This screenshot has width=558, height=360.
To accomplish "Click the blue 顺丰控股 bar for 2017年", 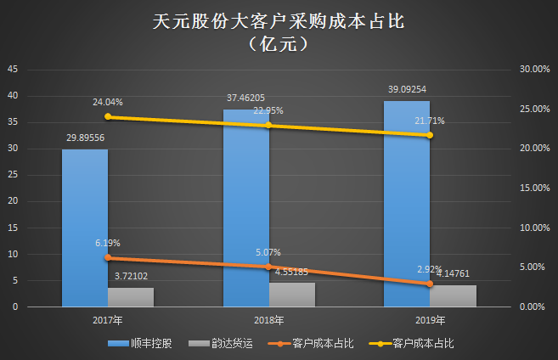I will point(85,228).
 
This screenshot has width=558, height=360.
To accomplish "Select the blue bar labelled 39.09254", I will point(406,204).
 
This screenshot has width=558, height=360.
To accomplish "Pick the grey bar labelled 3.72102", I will point(131,296).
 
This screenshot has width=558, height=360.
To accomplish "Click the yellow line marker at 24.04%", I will point(108,117).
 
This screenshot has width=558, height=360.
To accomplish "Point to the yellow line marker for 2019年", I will point(429,135).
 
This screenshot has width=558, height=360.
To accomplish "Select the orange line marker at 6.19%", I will point(108,257).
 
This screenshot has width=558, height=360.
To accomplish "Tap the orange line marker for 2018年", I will point(268,267).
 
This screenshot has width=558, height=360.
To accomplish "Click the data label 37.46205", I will point(246,98).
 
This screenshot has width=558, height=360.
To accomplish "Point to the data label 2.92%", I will point(429,269).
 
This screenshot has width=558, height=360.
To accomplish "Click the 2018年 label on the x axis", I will point(268,320).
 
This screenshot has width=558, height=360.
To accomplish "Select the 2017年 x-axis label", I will point(108,320).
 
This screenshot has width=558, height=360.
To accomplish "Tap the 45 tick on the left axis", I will point(13,70).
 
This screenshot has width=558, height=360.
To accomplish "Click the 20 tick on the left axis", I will point(13,201).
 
